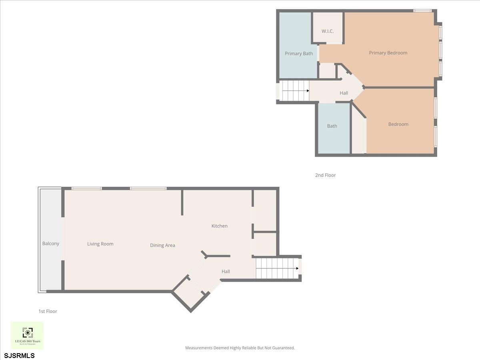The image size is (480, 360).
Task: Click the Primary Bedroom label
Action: [388, 53]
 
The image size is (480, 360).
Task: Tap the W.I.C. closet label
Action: [328, 31]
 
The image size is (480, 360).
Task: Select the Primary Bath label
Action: [299, 53]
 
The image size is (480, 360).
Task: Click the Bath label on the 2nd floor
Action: [332, 126]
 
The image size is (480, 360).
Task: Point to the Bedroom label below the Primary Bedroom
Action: [398, 124]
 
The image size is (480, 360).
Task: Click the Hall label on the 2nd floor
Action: [344, 93]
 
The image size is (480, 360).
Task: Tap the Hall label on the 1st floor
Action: [226, 272]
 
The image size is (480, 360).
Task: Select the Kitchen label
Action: [219, 226]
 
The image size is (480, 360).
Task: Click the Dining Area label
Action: [162, 245]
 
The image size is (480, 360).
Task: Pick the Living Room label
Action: [100, 244]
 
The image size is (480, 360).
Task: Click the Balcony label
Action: [51, 244]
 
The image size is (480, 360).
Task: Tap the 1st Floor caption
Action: [48, 311]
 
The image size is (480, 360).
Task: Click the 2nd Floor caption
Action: [325, 175]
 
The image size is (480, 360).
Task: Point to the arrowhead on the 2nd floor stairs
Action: [308, 91]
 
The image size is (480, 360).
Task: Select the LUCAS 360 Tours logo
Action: [27, 335]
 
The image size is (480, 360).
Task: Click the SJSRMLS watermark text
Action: [20, 355]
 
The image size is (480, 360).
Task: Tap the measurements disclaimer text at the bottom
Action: [240, 348]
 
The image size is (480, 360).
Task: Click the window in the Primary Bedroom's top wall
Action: [422, 11]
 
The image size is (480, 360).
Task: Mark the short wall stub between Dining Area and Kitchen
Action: [182, 202]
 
